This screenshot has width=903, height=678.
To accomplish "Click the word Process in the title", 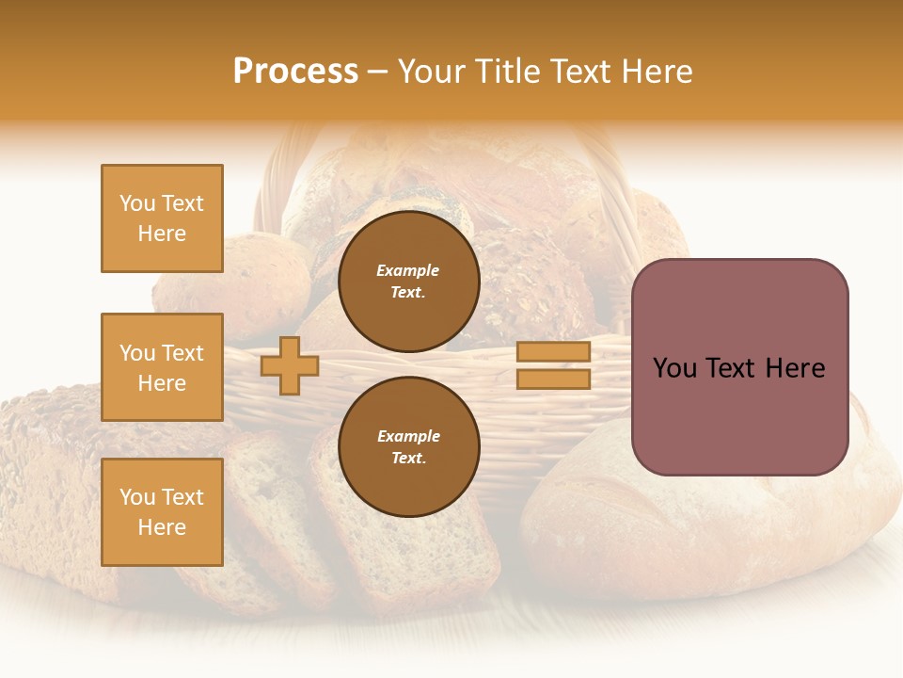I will coord(295,72).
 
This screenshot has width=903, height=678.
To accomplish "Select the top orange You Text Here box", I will coord(162,218).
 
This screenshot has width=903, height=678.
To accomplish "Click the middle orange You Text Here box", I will coord(162,367).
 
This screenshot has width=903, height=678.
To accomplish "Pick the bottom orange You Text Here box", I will coord(162,512).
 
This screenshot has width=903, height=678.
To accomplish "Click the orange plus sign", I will coord(290,365).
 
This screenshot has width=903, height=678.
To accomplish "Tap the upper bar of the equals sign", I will coord(553,352).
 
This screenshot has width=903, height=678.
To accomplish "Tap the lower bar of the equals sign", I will coord(553,379).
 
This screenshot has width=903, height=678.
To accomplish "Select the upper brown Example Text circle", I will coord(408,282).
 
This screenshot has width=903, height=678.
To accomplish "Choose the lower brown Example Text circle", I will coord(408,446).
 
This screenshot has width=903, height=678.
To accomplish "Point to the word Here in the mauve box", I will coord(795,368).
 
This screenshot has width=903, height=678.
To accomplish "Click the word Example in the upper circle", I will coord(408,270).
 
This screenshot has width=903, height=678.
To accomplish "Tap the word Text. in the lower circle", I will coord(408,459).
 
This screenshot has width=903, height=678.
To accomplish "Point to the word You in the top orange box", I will coord(137,203).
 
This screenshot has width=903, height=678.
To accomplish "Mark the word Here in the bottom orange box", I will coord(162,527).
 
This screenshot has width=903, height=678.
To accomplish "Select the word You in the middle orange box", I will coord(137,353).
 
